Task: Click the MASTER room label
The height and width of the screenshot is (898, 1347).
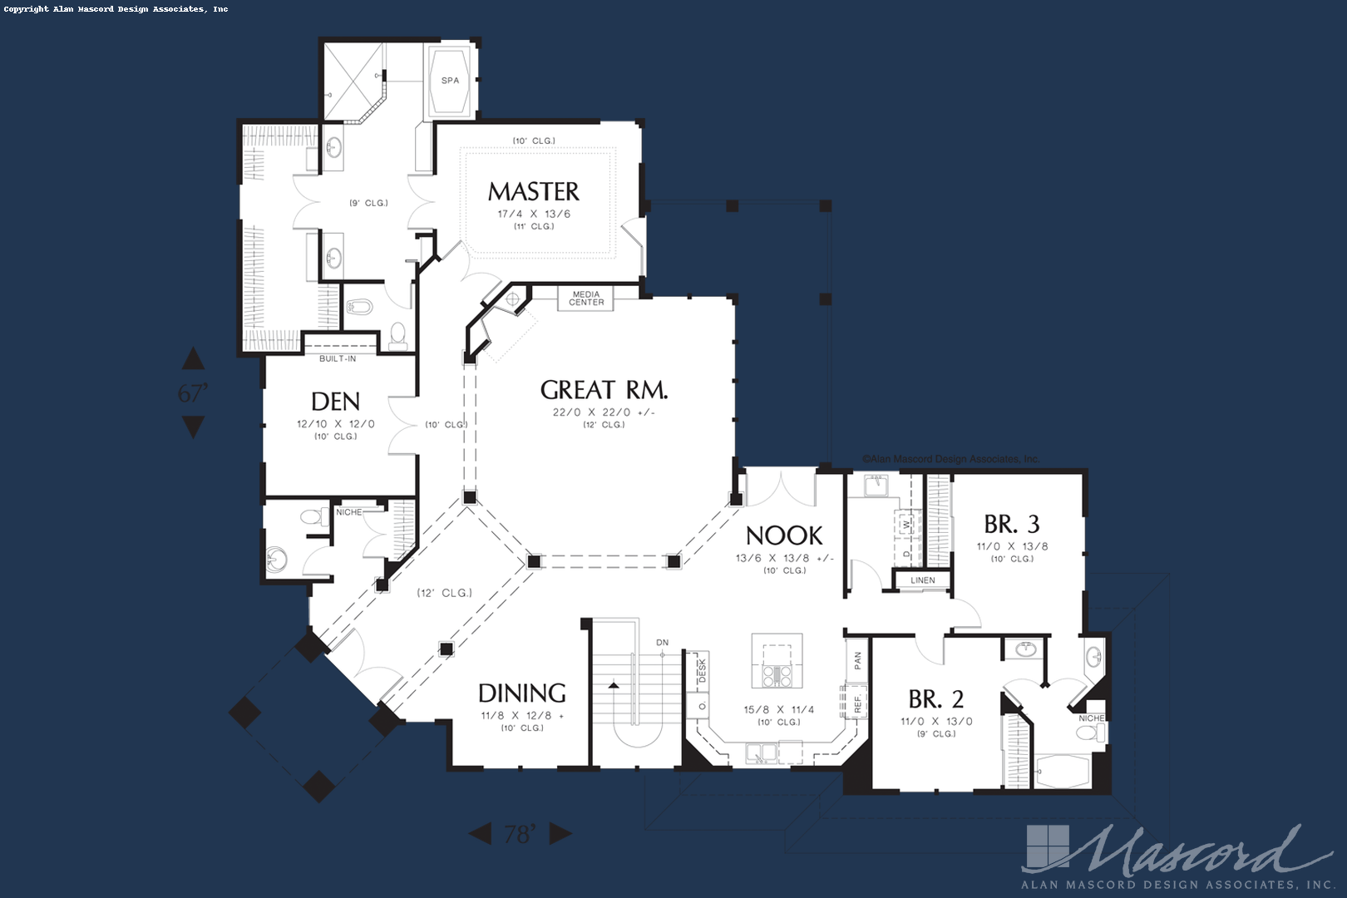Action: coord(533,192)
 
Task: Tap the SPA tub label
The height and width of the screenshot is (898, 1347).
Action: coord(450,81)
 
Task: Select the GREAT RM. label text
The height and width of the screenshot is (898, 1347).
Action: coord(604,390)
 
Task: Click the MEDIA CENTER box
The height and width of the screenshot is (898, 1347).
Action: coord(586,299)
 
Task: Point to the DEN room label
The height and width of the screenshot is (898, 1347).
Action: coord(335,402)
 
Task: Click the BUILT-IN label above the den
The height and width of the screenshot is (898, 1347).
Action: coord(338,359)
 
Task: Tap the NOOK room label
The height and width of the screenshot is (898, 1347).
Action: coord(784,535)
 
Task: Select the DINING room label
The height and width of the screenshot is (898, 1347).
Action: coord(522,693)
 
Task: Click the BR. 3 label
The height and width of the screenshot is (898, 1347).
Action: coord(1011,525)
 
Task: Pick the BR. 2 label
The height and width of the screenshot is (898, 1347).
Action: coord(935,699)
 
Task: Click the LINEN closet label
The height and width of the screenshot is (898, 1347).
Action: coord(922,580)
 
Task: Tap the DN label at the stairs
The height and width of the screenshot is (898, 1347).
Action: coord(662,643)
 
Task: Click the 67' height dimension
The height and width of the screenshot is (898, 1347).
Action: coord(193,392)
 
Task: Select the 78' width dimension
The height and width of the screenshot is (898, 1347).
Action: coord(521,833)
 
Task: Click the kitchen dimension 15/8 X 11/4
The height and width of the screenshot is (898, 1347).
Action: coord(778,710)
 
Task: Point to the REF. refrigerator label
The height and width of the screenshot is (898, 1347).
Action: coord(857,703)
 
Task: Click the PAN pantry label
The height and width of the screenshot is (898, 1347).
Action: coord(857,660)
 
